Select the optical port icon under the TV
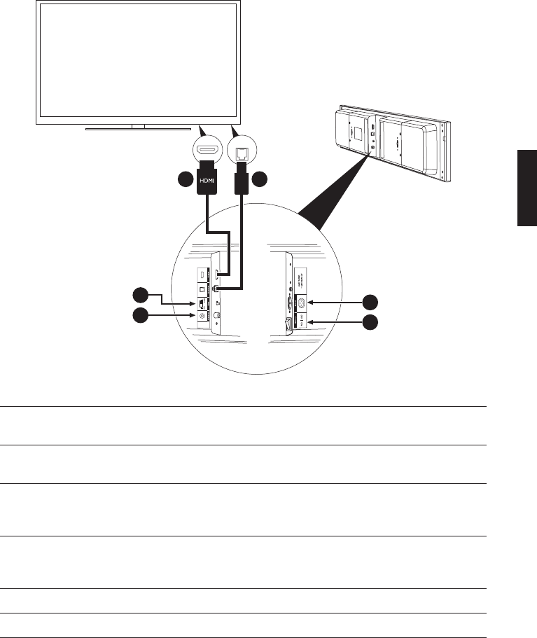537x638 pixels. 243,150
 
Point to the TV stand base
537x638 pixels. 138,129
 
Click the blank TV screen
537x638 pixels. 138,60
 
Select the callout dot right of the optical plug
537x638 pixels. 261,180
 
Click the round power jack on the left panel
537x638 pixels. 203,316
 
